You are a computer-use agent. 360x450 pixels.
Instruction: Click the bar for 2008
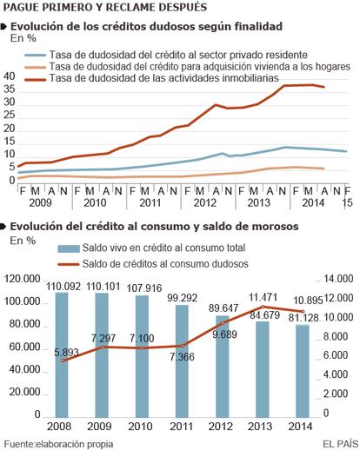(62, 354)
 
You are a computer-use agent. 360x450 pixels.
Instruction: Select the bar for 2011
(182, 361)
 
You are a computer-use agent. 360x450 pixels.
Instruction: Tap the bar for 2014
(303, 371)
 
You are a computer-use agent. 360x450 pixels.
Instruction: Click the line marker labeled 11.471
(263, 307)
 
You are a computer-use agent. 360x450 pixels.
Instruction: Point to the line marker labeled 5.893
(62, 361)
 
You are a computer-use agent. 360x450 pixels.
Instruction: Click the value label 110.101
(103, 287)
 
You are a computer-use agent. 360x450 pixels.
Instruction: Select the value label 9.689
(224, 334)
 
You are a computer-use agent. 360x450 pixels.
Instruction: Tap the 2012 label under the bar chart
(221, 427)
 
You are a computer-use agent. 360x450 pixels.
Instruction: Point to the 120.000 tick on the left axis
(22, 279)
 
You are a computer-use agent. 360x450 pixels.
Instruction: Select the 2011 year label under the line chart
(150, 202)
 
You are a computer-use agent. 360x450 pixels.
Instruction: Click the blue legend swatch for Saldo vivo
(69, 248)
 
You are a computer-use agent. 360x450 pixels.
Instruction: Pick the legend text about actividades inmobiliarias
(163, 78)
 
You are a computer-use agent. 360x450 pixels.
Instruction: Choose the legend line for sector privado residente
(35, 55)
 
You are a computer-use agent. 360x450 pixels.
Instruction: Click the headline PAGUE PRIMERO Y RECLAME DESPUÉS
(105, 7)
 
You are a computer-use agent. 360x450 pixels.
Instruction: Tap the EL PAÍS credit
(341, 444)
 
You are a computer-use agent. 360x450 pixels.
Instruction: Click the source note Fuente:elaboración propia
(58, 444)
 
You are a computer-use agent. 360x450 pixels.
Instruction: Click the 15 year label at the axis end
(347, 202)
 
